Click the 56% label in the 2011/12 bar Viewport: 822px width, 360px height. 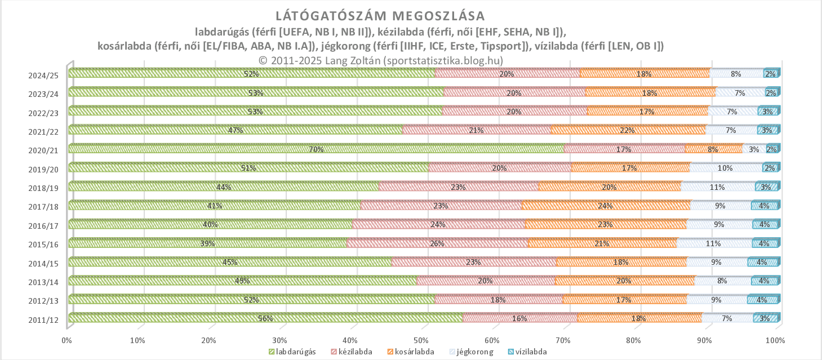(265, 319)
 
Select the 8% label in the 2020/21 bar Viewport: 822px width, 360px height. (713, 149)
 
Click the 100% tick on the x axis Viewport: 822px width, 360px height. (776, 340)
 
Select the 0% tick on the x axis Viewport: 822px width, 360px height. (66, 340)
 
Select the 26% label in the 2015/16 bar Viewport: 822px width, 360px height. (437, 243)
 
